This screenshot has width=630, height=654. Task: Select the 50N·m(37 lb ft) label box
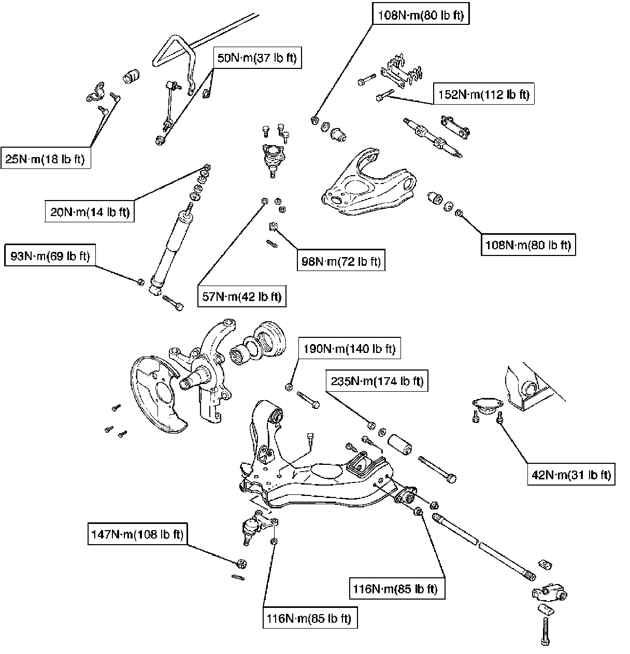[x=257, y=58]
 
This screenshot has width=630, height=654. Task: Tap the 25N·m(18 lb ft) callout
[x=45, y=159]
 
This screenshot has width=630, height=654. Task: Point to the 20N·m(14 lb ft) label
[x=89, y=212]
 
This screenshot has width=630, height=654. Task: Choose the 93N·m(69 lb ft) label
[x=50, y=255]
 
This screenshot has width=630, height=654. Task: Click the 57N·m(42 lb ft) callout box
[x=241, y=296]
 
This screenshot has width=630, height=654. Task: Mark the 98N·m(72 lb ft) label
[x=341, y=262]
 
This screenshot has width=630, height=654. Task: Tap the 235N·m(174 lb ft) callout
[x=376, y=382]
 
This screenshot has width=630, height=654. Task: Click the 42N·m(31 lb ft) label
[x=571, y=475]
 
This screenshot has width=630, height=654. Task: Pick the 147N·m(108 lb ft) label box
[x=137, y=534]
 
